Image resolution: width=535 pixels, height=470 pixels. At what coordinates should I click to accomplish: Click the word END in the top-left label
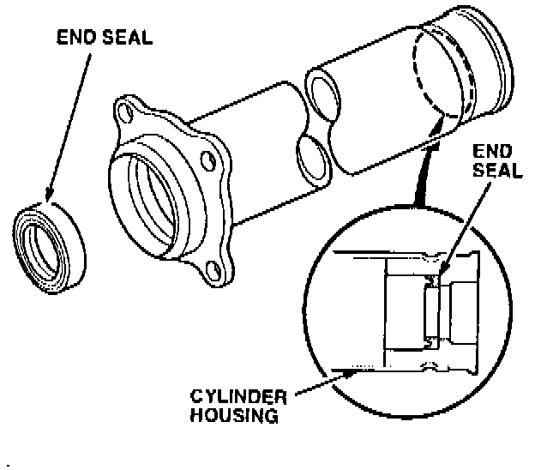click(x=73, y=39)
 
